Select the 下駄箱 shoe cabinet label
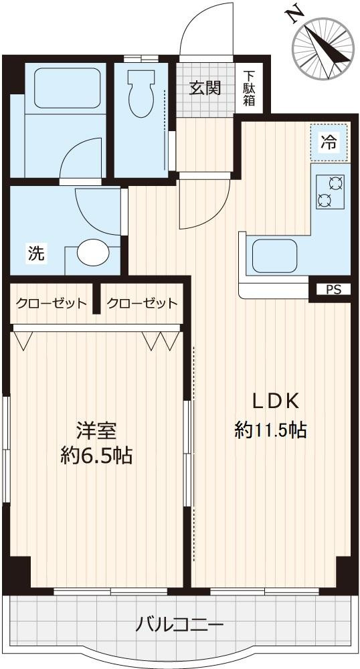249,88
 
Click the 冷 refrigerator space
329,142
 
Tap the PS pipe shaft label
333,290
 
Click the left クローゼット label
52,303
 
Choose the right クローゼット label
142,303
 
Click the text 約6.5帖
96,456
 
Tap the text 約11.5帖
270,429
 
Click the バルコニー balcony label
179,626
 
